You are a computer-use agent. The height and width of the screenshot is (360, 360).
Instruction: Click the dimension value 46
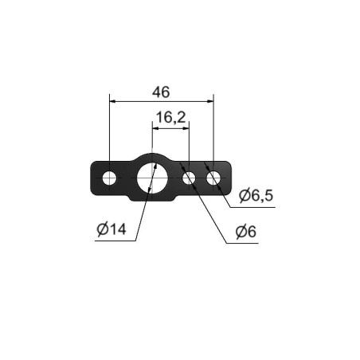(x=161, y=92)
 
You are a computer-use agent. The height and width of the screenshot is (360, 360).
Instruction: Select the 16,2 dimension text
(x=170, y=117)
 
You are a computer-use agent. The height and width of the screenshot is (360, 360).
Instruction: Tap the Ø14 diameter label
(x=112, y=229)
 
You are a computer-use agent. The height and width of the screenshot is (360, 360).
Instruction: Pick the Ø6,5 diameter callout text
(x=256, y=195)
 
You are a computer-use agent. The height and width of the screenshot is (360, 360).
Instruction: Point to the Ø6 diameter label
(x=246, y=232)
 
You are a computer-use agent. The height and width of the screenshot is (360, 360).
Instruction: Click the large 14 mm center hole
(x=152, y=178)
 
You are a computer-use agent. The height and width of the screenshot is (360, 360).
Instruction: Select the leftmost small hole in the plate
(x=109, y=178)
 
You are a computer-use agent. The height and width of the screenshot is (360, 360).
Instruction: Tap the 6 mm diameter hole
(x=189, y=178)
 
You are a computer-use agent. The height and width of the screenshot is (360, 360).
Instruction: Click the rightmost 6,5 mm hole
(x=213, y=178)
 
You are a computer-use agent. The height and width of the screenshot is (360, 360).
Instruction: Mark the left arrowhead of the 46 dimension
(x=112, y=101)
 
